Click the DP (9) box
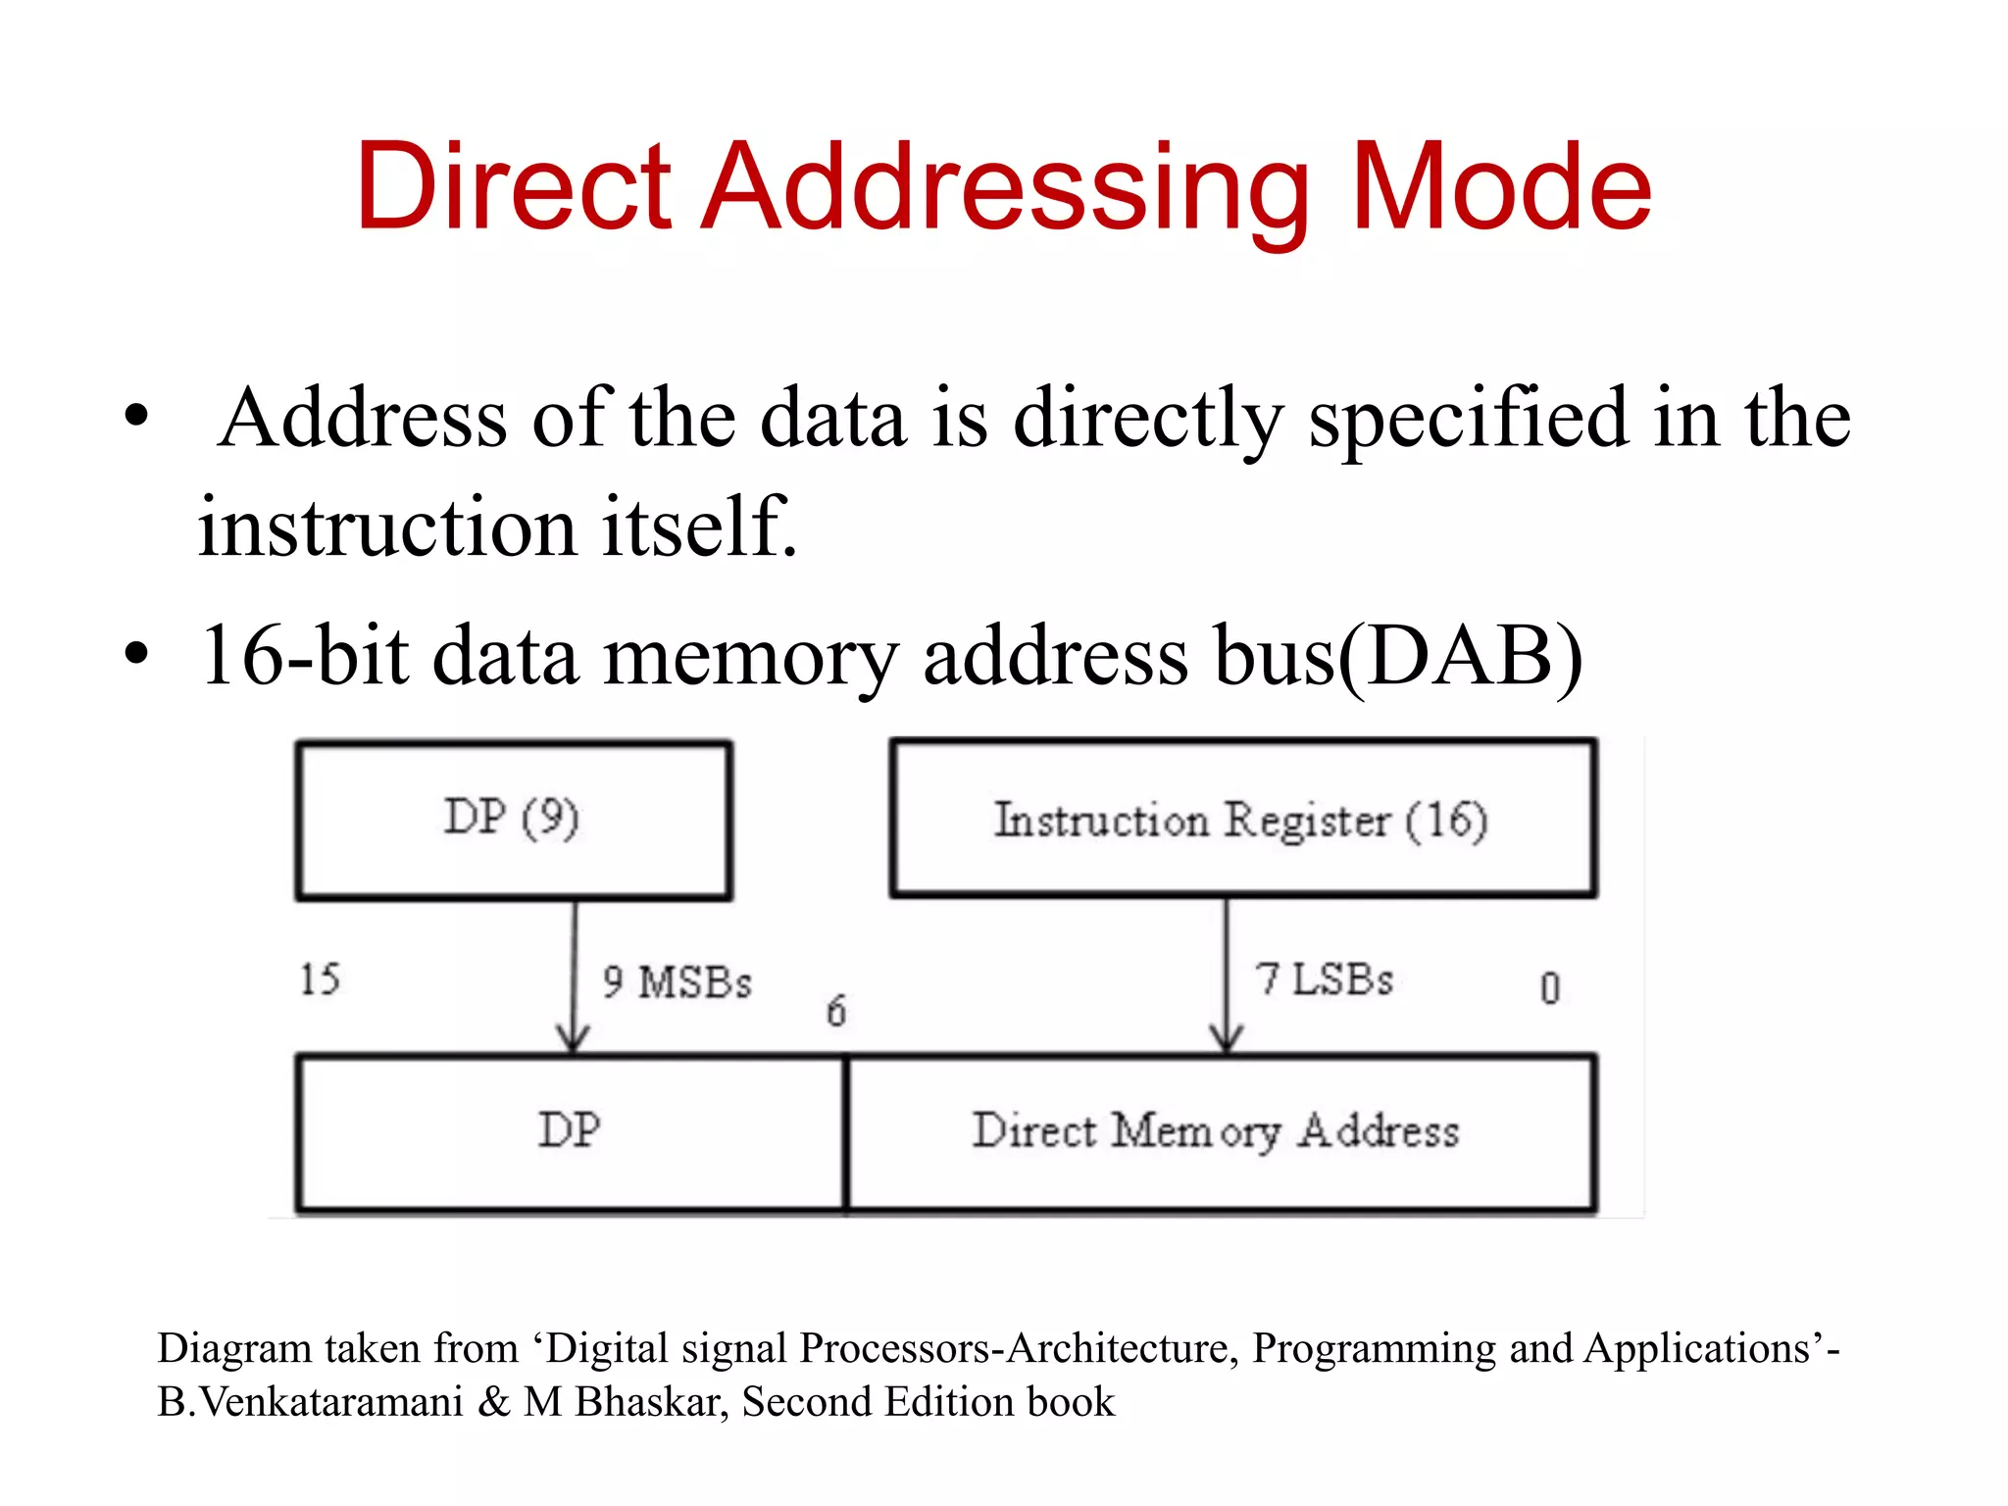pos(513,820)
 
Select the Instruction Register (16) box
pos(1243,819)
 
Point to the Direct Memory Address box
pos(1220,1133)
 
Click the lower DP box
pos(570,1133)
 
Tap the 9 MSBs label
pos(678,982)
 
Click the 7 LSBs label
pos(1325,979)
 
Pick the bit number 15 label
pos(320,979)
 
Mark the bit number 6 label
pos(835,1011)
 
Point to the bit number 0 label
pos(1549,988)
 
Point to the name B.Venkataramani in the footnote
pos(310,1402)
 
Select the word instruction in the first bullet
pos(387,527)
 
